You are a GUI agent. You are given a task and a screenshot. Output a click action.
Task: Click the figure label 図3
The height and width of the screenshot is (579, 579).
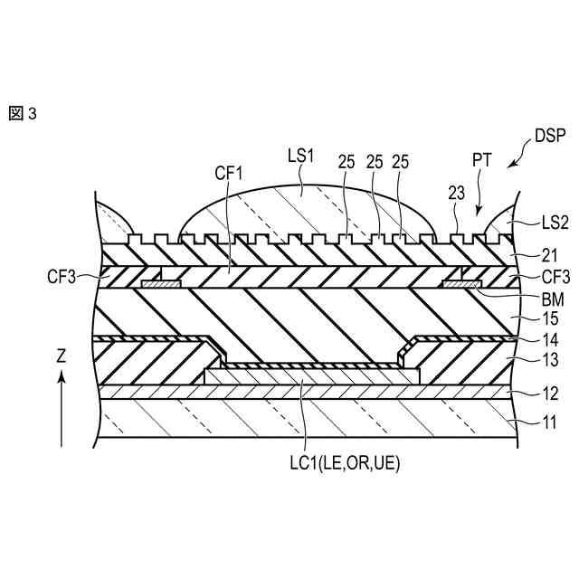click(x=22, y=115)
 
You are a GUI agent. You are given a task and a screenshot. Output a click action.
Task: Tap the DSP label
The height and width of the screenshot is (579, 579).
click(x=548, y=137)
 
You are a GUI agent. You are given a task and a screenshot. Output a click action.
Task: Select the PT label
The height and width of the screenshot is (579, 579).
click(x=483, y=160)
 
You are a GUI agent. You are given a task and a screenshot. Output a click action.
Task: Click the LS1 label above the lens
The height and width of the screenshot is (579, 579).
click(x=300, y=156)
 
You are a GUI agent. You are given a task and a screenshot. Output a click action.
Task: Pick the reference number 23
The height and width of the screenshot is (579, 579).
click(x=458, y=192)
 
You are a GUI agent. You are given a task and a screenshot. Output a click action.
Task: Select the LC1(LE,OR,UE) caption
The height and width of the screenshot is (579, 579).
click(x=339, y=463)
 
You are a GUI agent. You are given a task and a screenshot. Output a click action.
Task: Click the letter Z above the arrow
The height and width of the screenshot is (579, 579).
click(x=62, y=356)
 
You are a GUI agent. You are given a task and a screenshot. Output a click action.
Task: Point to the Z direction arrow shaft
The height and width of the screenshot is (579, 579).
click(x=62, y=412)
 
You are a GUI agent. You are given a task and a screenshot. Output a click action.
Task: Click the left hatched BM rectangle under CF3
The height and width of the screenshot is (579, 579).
click(x=161, y=284)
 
